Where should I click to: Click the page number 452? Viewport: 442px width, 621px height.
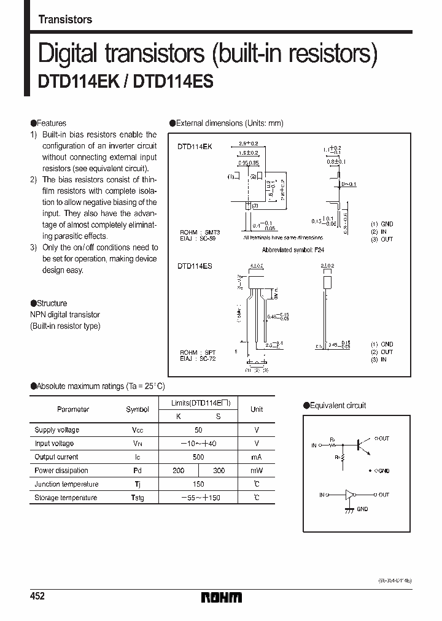click(38, 596)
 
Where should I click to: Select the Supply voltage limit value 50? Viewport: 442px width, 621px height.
click(198, 430)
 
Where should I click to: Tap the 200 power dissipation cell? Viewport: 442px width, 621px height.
click(178, 471)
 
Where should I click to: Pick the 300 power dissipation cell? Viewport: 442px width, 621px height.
click(218, 471)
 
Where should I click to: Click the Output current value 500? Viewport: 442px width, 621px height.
click(198, 457)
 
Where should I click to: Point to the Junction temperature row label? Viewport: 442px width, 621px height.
click(66, 484)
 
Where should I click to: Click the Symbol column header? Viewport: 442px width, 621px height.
click(138, 409)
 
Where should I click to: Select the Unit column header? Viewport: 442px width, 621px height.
click(257, 409)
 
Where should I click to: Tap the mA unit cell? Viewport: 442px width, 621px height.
click(257, 457)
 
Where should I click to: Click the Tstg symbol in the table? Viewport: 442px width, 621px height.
click(138, 498)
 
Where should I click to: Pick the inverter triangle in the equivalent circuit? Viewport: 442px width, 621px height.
click(351, 495)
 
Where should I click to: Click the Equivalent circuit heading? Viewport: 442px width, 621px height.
click(338, 406)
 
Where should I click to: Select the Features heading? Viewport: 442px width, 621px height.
click(52, 123)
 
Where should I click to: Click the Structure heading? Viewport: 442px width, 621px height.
click(52, 303)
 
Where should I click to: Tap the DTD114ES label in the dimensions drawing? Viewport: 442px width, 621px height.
click(195, 267)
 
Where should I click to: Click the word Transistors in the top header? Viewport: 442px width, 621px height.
click(65, 20)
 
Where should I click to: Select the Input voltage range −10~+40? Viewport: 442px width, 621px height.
click(198, 444)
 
